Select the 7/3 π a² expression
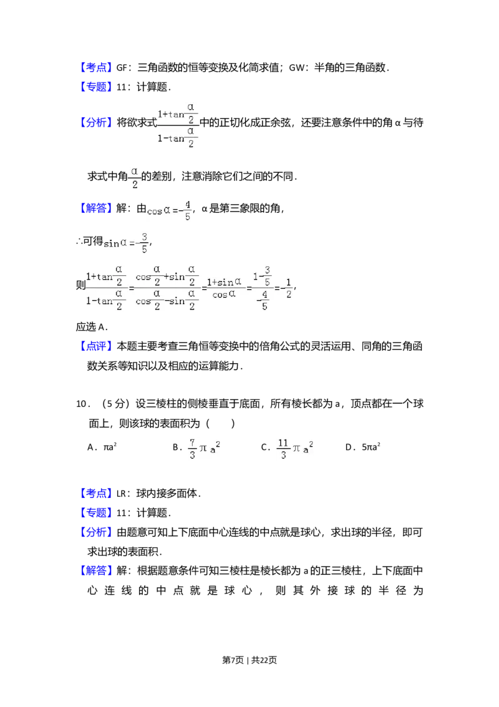(x=204, y=449)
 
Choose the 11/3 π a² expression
(x=294, y=449)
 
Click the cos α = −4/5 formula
(x=170, y=210)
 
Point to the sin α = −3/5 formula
(x=125, y=243)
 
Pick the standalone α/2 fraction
(x=135, y=177)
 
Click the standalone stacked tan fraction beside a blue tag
(x=177, y=125)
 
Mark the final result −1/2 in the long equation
(x=286, y=288)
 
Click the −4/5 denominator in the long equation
(x=263, y=301)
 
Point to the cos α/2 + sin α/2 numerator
(x=167, y=275)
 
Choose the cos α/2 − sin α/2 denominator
(x=167, y=301)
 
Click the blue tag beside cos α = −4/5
(x=97, y=208)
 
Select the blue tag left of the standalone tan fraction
(x=97, y=122)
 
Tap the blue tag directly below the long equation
(x=97, y=346)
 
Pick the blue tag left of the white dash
(x=97, y=493)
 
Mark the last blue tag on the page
(x=97, y=571)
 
